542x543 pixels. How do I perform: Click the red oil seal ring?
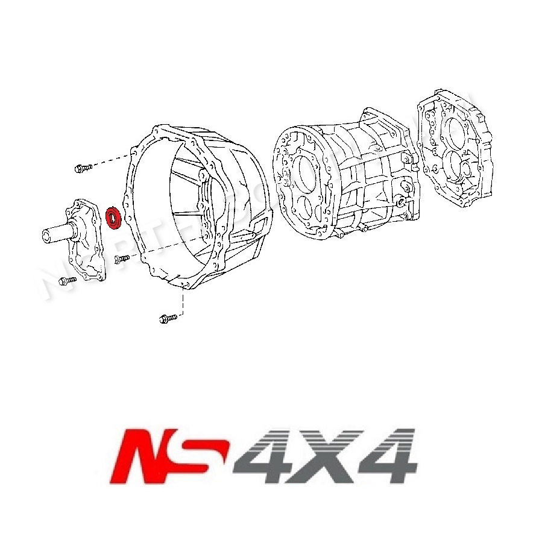[113, 218]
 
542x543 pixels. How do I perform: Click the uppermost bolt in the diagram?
[82, 168]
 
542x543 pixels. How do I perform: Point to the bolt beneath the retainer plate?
[66, 280]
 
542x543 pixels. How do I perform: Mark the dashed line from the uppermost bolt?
[112, 160]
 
